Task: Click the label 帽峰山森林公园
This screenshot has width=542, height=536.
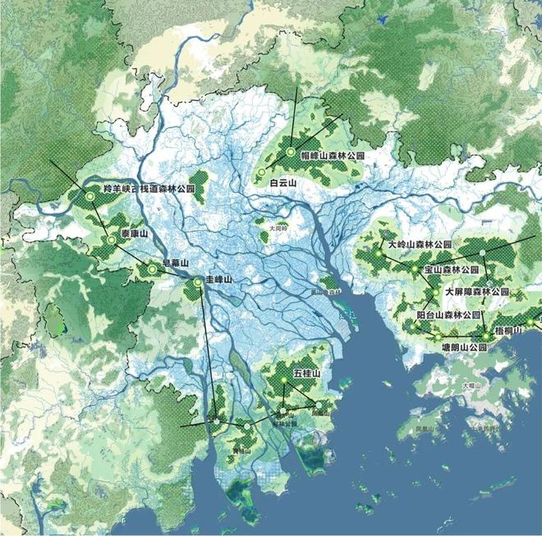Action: coord(331,155)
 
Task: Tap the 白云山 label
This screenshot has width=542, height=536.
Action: coord(282,184)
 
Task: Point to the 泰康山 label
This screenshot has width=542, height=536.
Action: coord(134,234)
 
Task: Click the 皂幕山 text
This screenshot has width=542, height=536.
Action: coord(176,263)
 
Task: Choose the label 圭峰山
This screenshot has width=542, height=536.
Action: coord(219,281)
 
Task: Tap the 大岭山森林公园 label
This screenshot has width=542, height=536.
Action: coord(420,245)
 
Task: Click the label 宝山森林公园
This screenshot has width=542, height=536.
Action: coord(451,269)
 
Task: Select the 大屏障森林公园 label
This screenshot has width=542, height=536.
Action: coord(477,291)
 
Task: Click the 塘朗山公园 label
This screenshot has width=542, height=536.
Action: coord(459,347)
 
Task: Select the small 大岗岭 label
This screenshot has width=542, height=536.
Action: coord(278,227)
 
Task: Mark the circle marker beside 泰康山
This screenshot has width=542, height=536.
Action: coord(111,240)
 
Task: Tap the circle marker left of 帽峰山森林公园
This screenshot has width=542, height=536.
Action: coord(291,152)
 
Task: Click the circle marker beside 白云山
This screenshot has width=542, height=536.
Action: coord(261,172)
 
